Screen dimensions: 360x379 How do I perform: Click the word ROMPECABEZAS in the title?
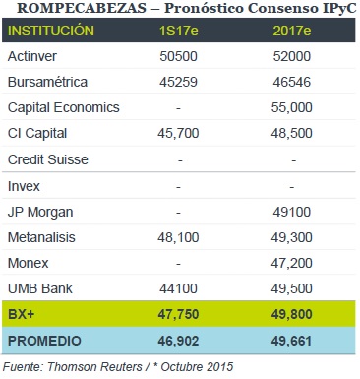82,8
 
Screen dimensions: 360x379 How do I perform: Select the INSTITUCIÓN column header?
51,31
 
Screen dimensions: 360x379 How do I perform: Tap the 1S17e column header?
178,31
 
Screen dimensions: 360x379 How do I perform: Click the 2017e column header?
292,31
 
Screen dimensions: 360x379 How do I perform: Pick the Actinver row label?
32,56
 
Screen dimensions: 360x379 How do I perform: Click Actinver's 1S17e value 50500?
178,56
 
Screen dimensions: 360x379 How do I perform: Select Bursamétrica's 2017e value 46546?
292,82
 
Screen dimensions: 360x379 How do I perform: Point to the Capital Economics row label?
64,107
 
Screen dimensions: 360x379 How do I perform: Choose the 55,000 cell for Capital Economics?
292,107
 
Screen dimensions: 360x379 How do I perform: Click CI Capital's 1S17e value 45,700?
178,133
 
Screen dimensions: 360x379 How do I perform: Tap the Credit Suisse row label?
48,159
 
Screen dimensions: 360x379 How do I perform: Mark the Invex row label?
24,186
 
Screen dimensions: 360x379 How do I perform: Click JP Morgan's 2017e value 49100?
292,212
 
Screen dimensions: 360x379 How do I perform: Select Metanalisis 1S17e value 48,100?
178,237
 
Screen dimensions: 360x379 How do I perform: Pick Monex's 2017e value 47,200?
292,263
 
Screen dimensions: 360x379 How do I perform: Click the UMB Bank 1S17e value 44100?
178,288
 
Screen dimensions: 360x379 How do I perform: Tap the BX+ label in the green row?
21,314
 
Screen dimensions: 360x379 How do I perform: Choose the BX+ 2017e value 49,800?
292,314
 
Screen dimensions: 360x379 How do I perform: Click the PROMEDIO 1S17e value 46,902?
178,341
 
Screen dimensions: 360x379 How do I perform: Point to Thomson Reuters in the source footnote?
94,366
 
